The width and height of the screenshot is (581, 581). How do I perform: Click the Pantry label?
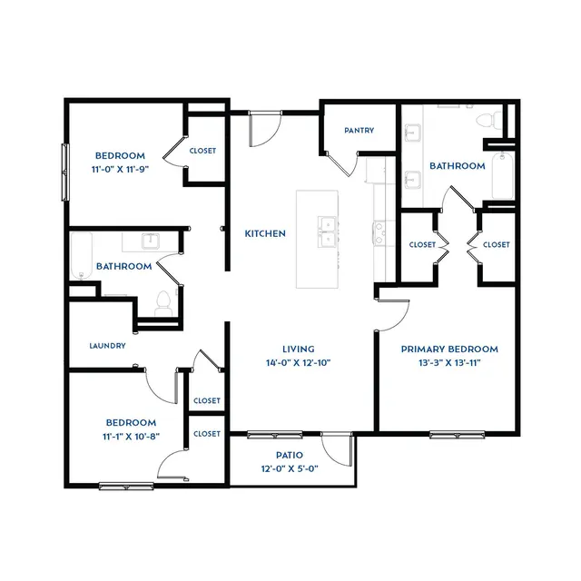point(359,131)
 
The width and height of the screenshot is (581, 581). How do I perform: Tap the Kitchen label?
point(265,233)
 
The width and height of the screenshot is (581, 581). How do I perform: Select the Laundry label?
point(107,346)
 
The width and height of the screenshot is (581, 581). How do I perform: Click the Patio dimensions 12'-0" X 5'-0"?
point(290,468)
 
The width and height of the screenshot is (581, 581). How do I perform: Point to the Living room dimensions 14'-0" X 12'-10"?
point(299,363)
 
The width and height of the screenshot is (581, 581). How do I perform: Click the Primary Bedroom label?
point(449,349)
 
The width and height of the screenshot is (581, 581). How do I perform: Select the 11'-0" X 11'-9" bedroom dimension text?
point(120,170)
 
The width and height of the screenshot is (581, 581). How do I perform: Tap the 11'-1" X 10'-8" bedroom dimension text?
point(131,437)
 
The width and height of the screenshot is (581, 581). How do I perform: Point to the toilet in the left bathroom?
point(163,303)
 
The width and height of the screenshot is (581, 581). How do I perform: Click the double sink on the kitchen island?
point(328,232)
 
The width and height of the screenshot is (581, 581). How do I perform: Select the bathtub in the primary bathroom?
point(502,176)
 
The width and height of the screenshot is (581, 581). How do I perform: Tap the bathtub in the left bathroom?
point(81,256)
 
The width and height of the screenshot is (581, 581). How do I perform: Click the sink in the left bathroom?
point(151,241)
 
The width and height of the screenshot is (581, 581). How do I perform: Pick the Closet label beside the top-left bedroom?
point(202,151)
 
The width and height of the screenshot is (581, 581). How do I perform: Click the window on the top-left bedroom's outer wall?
point(65,172)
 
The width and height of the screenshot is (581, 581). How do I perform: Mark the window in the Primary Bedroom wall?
point(458,434)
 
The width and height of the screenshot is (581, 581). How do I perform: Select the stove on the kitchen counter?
point(379,233)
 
